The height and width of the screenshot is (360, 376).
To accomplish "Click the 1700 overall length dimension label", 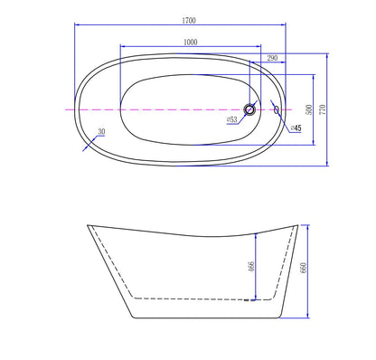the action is point(189,21).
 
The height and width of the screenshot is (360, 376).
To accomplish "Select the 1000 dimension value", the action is point(191,43).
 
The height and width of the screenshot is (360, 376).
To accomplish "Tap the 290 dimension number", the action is point(272,58).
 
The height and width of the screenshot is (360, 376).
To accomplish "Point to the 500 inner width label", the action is point(309,109).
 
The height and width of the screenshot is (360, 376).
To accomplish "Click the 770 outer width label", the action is point(323,109).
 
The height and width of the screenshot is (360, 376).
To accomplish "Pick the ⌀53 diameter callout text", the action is point(232,119).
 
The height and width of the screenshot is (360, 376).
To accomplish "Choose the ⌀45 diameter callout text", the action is point(296,128).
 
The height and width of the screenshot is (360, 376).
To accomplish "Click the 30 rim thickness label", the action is point(101,132).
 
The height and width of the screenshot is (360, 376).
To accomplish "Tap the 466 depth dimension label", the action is point(251,267).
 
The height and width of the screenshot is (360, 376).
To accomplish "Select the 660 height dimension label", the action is point(303,268).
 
